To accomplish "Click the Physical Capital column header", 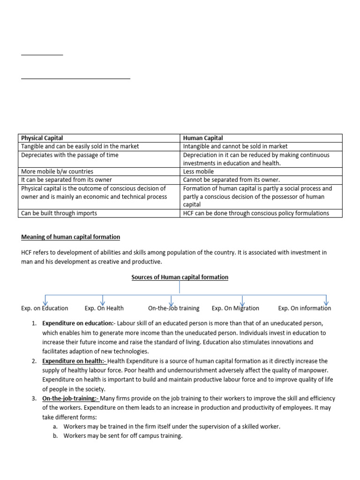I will pos(42,138).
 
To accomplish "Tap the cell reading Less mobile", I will pos(198,172).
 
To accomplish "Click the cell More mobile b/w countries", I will pos(57,172).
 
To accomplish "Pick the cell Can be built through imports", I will pos(59,213).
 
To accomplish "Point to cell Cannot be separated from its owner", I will pos(232,180).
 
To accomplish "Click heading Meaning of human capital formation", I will pos(71,237).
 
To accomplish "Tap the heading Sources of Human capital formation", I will pos(180,277).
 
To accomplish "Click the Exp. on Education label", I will pos(45,308).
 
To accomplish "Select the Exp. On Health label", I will pos(104,308).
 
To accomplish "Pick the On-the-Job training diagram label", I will pos(173,308).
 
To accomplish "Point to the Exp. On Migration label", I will pos(235,308).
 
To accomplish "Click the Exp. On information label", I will pos(304,308).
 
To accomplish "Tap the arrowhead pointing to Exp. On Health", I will pos(103,302).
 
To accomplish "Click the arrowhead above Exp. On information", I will pos(326,302).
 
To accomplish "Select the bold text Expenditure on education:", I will pos(78,323).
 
